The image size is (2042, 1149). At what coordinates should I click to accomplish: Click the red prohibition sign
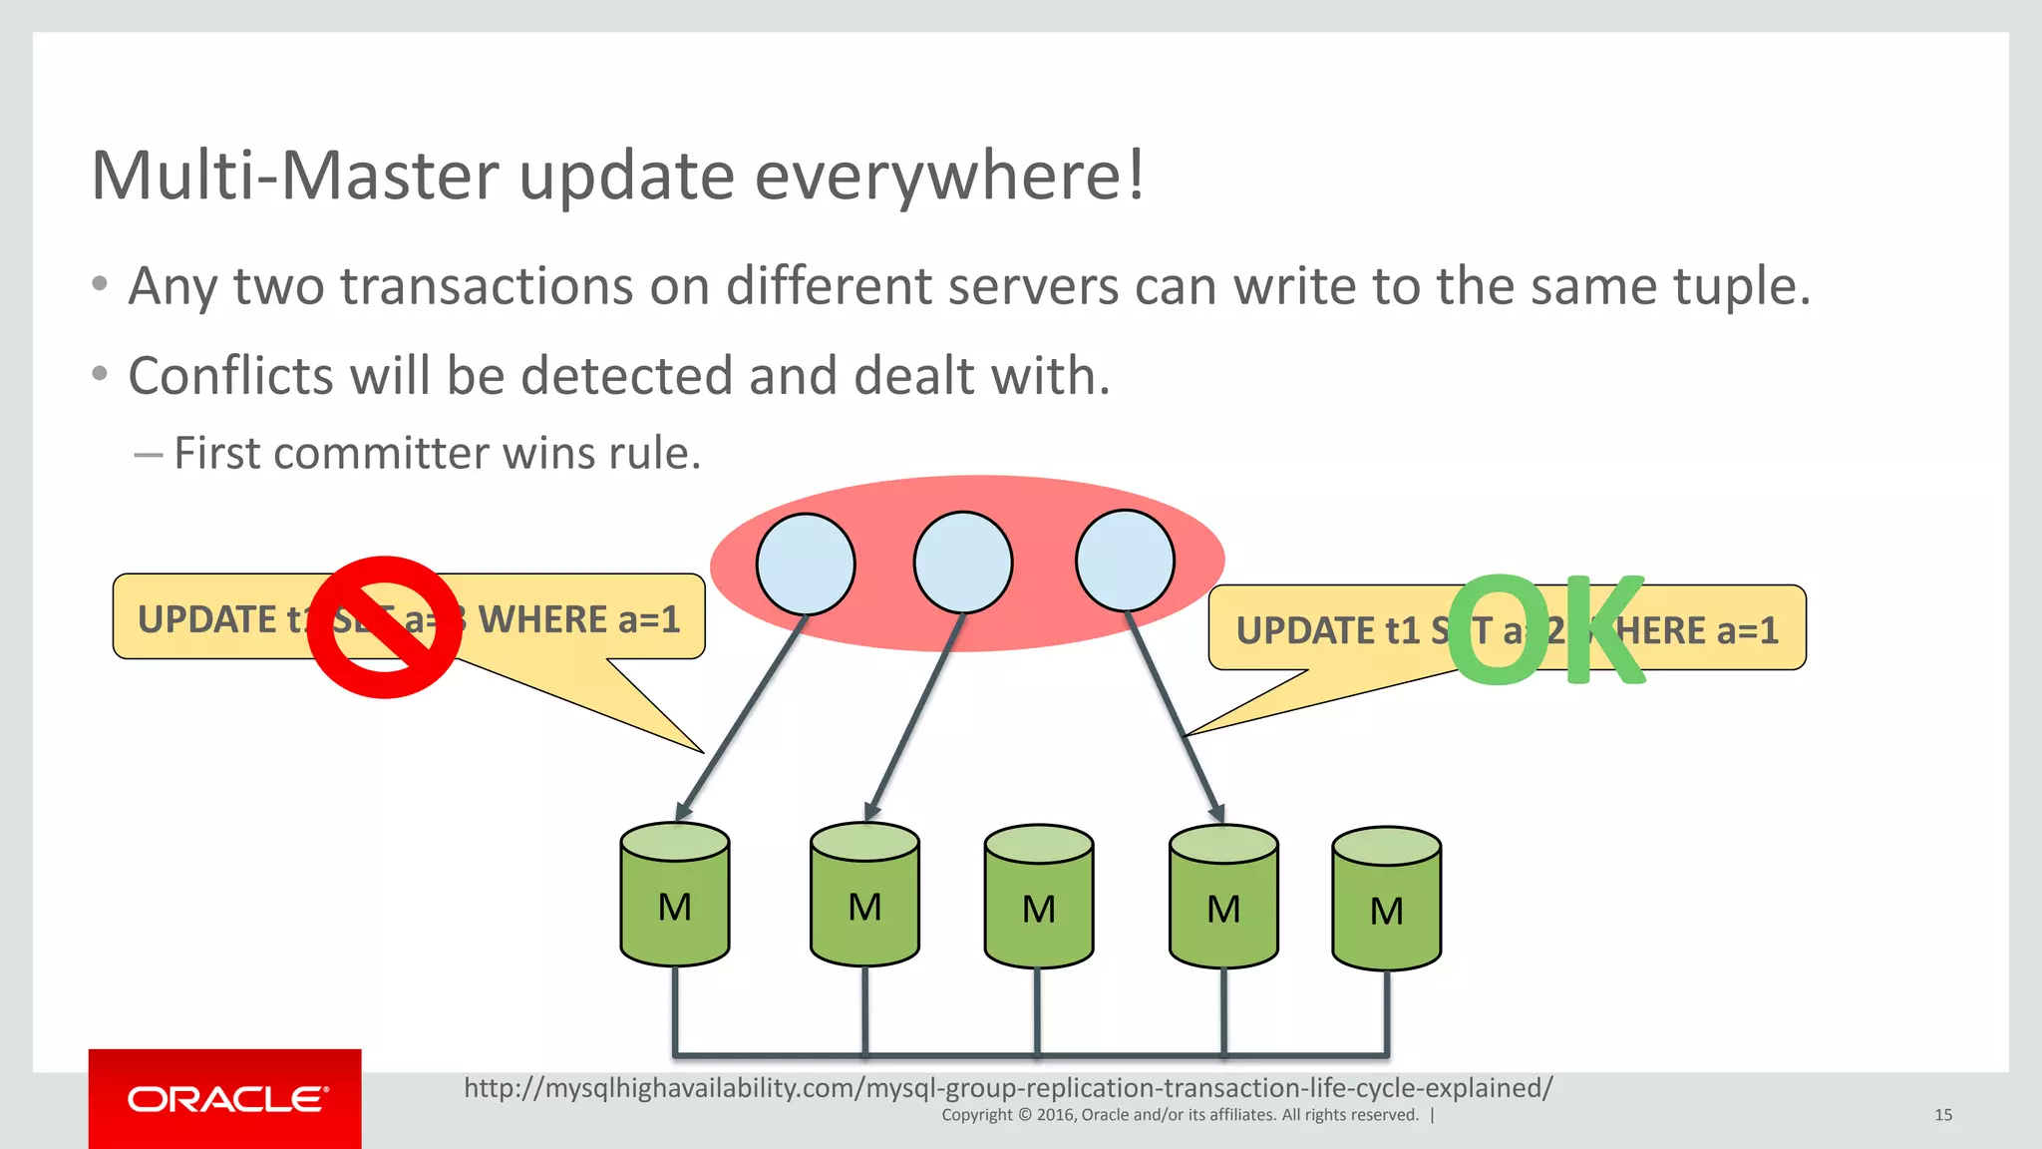click(384, 627)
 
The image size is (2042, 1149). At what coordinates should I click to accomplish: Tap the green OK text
click(1545, 630)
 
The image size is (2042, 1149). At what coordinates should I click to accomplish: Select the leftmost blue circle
click(806, 565)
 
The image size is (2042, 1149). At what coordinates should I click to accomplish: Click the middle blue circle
click(963, 563)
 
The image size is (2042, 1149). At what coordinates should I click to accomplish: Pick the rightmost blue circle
click(1125, 561)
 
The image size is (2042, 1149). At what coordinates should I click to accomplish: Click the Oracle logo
click(225, 1099)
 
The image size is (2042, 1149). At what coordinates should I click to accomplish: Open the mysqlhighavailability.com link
click(1008, 1087)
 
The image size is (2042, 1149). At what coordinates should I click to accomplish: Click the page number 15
click(1943, 1115)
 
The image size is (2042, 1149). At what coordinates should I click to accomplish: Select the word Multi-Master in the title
click(294, 176)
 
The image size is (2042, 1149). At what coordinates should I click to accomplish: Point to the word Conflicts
click(230, 376)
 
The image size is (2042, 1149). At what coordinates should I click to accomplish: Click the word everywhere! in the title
click(949, 176)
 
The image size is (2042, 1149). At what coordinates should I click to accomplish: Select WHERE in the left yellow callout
click(543, 619)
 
